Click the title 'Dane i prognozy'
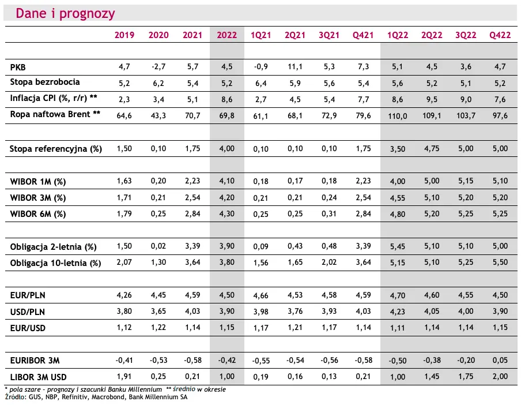click(x=66, y=14)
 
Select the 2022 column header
click(x=227, y=35)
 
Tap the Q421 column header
click(x=363, y=35)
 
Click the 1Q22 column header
click(x=398, y=35)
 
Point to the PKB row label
click(x=18, y=67)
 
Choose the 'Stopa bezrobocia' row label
click(x=45, y=82)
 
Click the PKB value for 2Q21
click(x=295, y=67)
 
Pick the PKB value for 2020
click(x=158, y=67)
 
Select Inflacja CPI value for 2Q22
click(x=432, y=99)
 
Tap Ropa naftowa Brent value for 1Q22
click(x=398, y=116)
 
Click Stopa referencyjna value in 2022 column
click(x=227, y=148)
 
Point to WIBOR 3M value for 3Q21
click(x=329, y=197)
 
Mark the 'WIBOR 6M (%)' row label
click(x=38, y=214)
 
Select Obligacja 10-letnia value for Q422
click(x=500, y=262)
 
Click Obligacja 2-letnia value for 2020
click(x=158, y=246)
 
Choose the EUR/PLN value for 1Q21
click(x=261, y=295)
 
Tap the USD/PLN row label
click(x=28, y=312)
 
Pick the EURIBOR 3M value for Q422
click(x=500, y=360)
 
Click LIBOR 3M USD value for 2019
click(x=124, y=376)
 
